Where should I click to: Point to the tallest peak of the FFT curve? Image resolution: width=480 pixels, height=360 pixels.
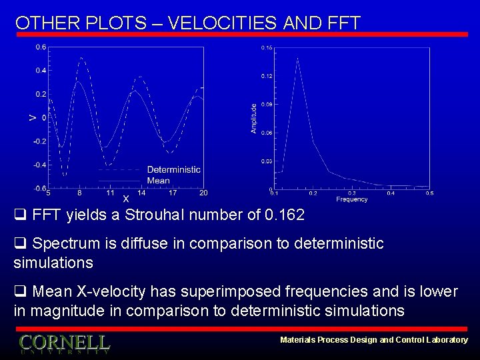(x=297, y=59)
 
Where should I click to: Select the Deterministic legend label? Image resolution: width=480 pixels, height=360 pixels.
(x=173, y=169)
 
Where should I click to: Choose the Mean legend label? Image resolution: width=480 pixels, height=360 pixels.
(x=158, y=180)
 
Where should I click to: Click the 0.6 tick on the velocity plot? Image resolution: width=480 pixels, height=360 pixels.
(x=41, y=47)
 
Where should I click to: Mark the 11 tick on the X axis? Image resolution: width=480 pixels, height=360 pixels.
(x=110, y=193)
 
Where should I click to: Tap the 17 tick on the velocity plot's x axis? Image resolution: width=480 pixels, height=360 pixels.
(x=173, y=193)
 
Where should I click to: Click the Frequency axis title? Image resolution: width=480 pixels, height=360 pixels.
(x=351, y=199)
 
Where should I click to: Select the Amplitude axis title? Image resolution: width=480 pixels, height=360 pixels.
(x=254, y=118)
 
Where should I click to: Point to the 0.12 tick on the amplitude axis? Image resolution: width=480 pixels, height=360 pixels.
(x=267, y=77)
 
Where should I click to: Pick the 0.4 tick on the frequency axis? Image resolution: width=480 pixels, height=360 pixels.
(x=391, y=193)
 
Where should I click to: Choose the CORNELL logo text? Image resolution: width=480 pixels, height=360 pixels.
(x=64, y=343)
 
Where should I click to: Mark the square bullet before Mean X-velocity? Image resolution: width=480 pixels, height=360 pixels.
(x=19, y=292)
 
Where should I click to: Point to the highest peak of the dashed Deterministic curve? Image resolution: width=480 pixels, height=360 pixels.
(x=81, y=57)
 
